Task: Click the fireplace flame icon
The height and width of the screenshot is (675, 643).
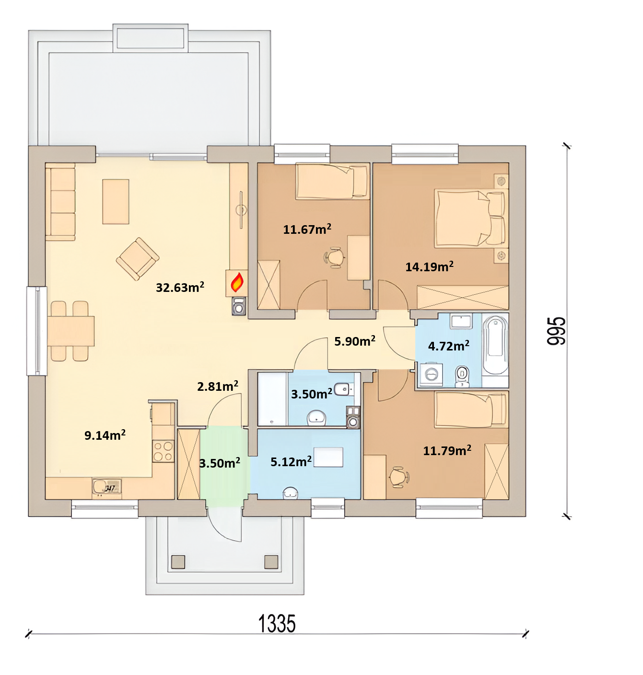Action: [x=237, y=282]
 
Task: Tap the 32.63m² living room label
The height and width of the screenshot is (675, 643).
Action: [x=180, y=287]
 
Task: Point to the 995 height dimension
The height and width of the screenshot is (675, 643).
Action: [x=556, y=331]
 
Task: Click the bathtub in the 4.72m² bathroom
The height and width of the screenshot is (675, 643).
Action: [x=495, y=346]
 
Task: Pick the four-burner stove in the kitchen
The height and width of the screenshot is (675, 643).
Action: [x=163, y=451]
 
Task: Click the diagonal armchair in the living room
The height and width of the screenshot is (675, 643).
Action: [x=138, y=259]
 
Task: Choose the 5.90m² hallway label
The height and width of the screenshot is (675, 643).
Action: [x=355, y=341]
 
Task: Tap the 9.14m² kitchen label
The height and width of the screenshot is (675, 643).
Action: [x=105, y=435]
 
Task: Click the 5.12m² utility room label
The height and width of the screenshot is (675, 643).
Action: [x=291, y=461]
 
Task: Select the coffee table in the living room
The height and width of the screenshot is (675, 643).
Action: [x=116, y=202]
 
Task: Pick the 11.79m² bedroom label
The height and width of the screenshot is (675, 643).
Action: [x=447, y=450]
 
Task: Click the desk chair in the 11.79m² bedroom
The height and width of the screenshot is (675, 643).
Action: [x=399, y=477]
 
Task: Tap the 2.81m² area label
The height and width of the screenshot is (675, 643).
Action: [x=217, y=386]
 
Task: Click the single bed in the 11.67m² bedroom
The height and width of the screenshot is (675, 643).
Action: [x=332, y=181]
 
